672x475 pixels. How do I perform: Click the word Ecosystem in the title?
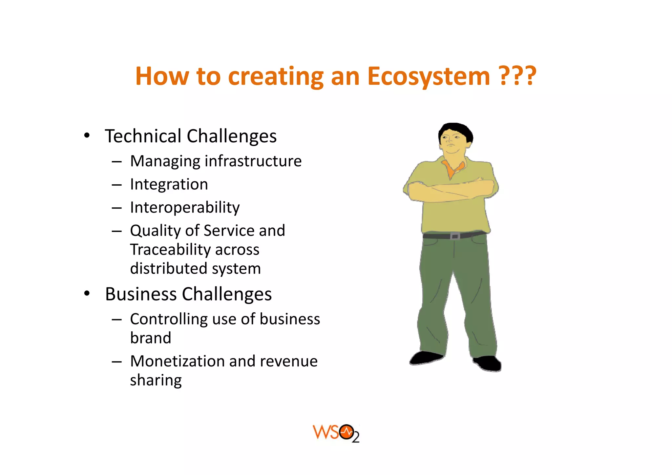coord(428,76)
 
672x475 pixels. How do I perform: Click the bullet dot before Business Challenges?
coord(87,294)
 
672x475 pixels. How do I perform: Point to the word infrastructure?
coord(253,161)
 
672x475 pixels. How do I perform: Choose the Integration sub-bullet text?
coord(169,184)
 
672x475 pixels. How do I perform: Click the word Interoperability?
coord(185,207)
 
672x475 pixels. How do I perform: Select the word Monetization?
coord(177,361)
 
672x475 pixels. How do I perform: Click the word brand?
coord(151,338)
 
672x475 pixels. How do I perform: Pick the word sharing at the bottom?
coord(156,381)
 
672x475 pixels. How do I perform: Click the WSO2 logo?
coord(336,433)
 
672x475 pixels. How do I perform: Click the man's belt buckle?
coord(455,236)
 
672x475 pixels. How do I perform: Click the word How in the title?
coord(162,76)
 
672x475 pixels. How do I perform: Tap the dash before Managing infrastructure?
coord(116,162)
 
